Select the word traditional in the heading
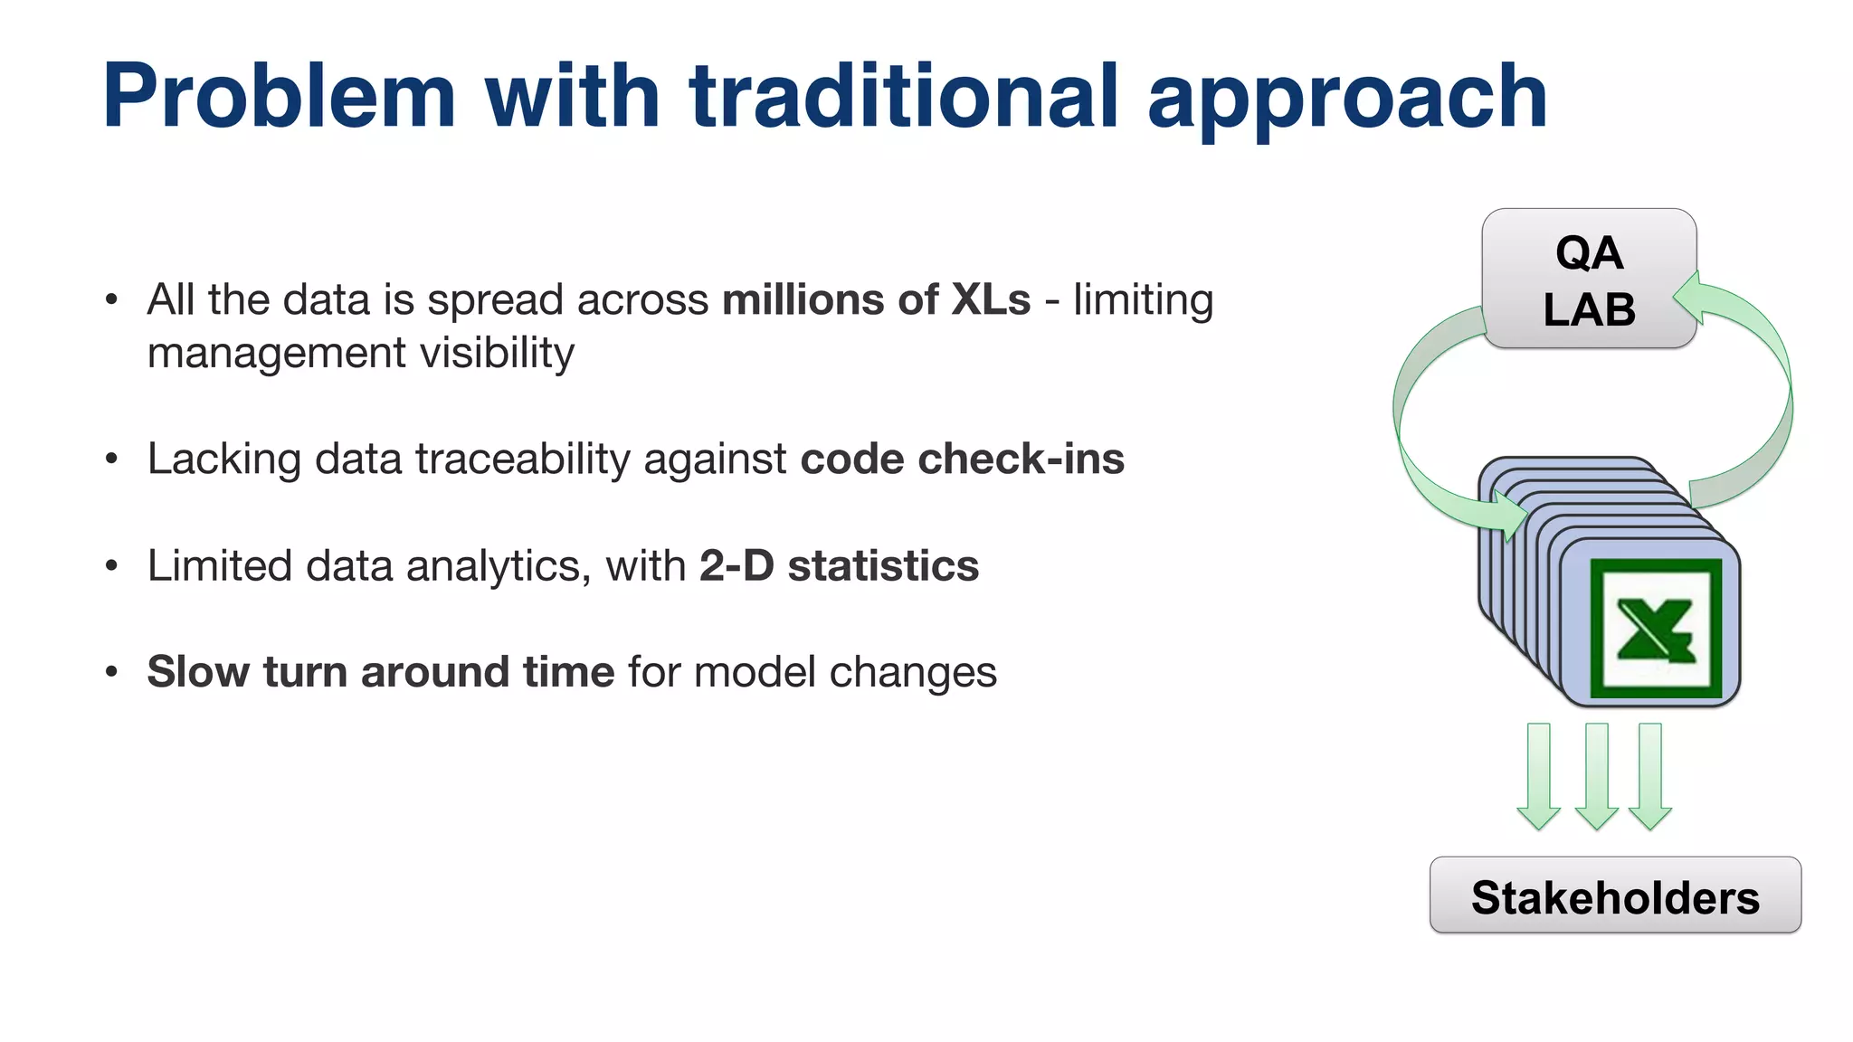click(x=904, y=96)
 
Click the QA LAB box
click(x=1589, y=279)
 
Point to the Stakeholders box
click(x=1615, y=896)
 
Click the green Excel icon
click(x=1655, y=630)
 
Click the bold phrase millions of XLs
click(x=876, y=299)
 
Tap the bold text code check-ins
click(x=962, y=459)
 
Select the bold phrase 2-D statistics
click(x=839, y=566)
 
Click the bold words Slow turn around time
click(x=381, y=672)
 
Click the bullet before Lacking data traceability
click(x=111, y=459)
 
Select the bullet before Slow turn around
click(x=111, y=672)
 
